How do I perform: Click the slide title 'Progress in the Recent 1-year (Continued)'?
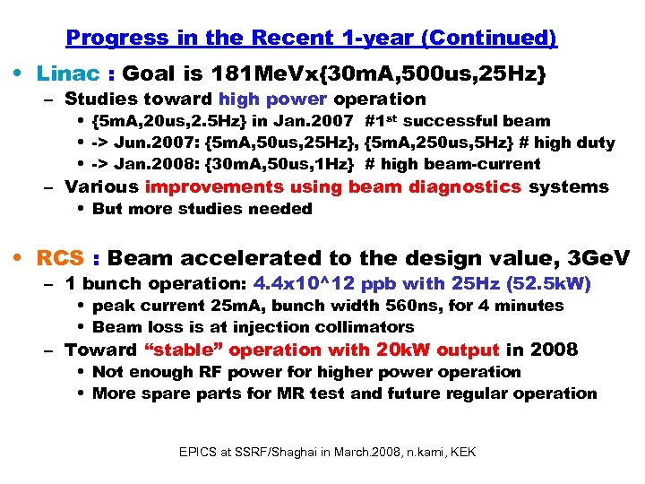pos(312,38)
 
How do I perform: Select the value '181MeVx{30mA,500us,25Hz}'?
pos(379,73)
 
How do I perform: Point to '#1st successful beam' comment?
pos(458,121)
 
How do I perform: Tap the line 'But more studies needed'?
pos(202,209)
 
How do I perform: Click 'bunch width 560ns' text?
pos(349,306)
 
